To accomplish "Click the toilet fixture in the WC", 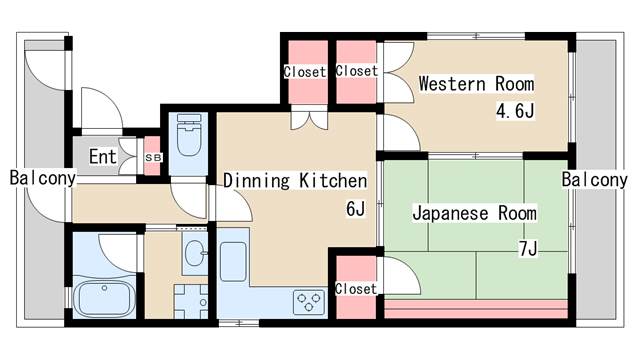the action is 189,135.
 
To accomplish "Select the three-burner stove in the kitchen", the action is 309,302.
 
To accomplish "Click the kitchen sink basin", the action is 233,262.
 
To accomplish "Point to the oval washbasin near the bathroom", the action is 195,253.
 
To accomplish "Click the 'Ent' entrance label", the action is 103,156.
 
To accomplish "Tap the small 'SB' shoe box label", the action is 153,157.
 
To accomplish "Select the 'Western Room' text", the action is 476,84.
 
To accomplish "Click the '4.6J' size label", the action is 515,110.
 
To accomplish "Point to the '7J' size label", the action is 528,248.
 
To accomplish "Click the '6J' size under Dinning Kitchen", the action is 355,209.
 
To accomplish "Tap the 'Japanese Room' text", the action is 474,214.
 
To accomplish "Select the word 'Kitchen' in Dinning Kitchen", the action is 333,181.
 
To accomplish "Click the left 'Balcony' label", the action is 43,178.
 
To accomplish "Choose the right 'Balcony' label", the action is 594,180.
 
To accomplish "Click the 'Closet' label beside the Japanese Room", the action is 356,289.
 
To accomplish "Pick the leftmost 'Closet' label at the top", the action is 305,72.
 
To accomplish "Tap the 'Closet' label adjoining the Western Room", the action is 357,71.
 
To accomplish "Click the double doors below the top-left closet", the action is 309,118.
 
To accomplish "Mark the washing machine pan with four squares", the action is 191,302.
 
